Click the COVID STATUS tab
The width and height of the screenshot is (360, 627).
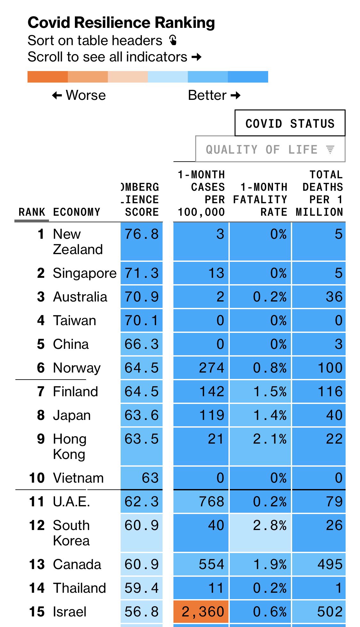coord(290,123)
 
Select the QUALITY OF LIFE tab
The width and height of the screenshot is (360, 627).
coord(270,149)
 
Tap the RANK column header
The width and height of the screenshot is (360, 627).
coord(32,212)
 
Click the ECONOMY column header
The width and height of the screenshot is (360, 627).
coord(77,212)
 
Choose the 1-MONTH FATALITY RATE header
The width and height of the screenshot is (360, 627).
coord(260,199)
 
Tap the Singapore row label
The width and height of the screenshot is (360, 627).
coord(84,273)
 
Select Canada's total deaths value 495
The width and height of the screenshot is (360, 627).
coord(330,564)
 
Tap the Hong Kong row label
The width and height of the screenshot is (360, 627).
coord(69,446)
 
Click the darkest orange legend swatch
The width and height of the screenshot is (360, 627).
coord(47,77)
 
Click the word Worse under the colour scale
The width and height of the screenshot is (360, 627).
coord(85,95)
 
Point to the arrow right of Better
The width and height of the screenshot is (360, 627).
coord(236,95)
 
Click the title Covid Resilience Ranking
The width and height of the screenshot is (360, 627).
coord(121,22)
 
